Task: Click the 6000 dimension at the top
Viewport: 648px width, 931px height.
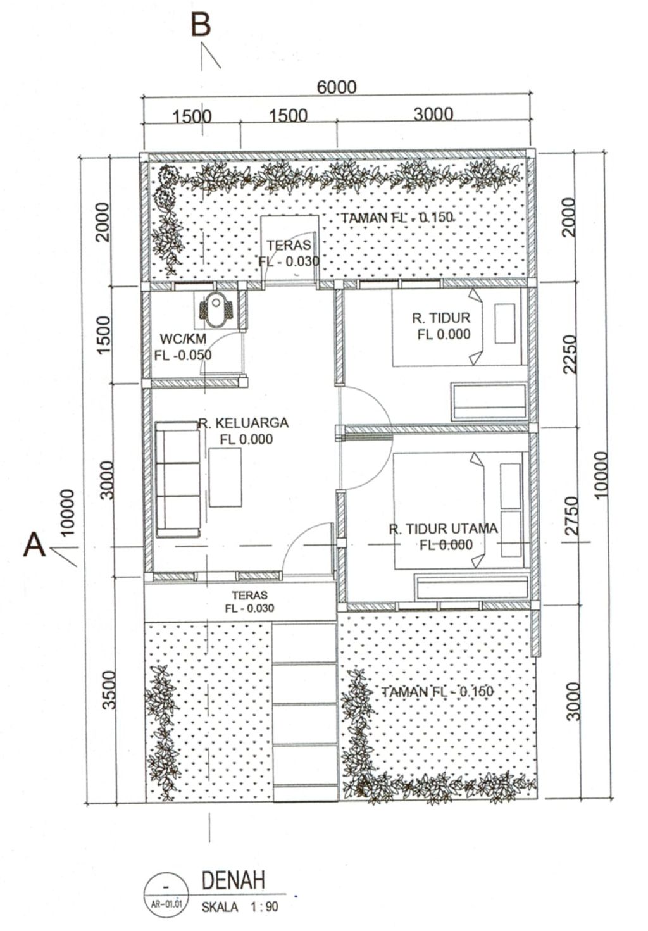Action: (337, 87)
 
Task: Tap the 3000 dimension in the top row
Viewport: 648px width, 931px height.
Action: (433, 114)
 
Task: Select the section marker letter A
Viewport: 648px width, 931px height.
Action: (34, 544)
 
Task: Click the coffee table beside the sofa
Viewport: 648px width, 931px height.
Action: (226, 477)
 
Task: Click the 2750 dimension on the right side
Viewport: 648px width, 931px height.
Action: (571, 516)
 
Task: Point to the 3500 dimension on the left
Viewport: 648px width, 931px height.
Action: (109, 690)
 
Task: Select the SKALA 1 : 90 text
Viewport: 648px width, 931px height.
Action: (240, 907)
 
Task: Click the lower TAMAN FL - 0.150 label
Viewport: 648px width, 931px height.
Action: (437, 692)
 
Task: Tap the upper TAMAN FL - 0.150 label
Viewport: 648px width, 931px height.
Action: (397, 218)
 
